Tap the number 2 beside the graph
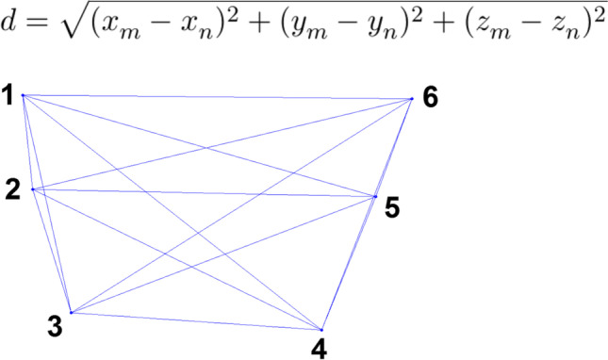pos(12,189)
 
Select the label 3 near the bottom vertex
pos(56,327)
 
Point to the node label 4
pos(320,349)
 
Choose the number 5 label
pos(392,207)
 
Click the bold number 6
pos(430,97)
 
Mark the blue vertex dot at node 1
pos(23,95)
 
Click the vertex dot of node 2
pos(33,189)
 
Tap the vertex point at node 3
pos(71,313)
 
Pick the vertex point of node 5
pos(375,197)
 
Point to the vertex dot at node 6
pos(412,99)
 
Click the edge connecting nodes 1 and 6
pos(217,97)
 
